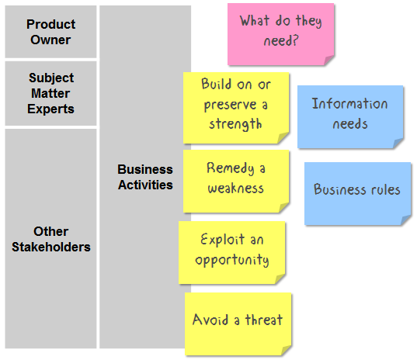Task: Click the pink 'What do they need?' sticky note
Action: click(280, 34)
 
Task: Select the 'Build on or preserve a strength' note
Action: click(236, 108)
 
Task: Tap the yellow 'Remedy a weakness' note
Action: click(236, 182)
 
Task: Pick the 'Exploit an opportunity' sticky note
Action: click(232, 253)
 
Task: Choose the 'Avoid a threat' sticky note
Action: click(238, 324)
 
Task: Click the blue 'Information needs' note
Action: click(350, 116)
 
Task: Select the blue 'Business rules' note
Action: click(358, 194)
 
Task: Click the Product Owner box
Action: click(50, 32)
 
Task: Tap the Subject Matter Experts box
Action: click(50, 93)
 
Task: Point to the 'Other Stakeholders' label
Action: click(50, 239)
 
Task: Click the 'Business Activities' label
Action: click(145, 177)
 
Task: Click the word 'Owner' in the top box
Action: click(50, 40)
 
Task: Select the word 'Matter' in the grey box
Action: click(50, 93)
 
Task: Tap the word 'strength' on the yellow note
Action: click(235, 124)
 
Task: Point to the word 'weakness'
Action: click(235, 189)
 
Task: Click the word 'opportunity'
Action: click(232, 260)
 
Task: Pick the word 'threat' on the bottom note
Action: click(263, 320)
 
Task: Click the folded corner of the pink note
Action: click(329, 60)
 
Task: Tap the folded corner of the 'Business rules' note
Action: click(406, 220)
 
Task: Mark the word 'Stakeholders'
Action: click(50, 247)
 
